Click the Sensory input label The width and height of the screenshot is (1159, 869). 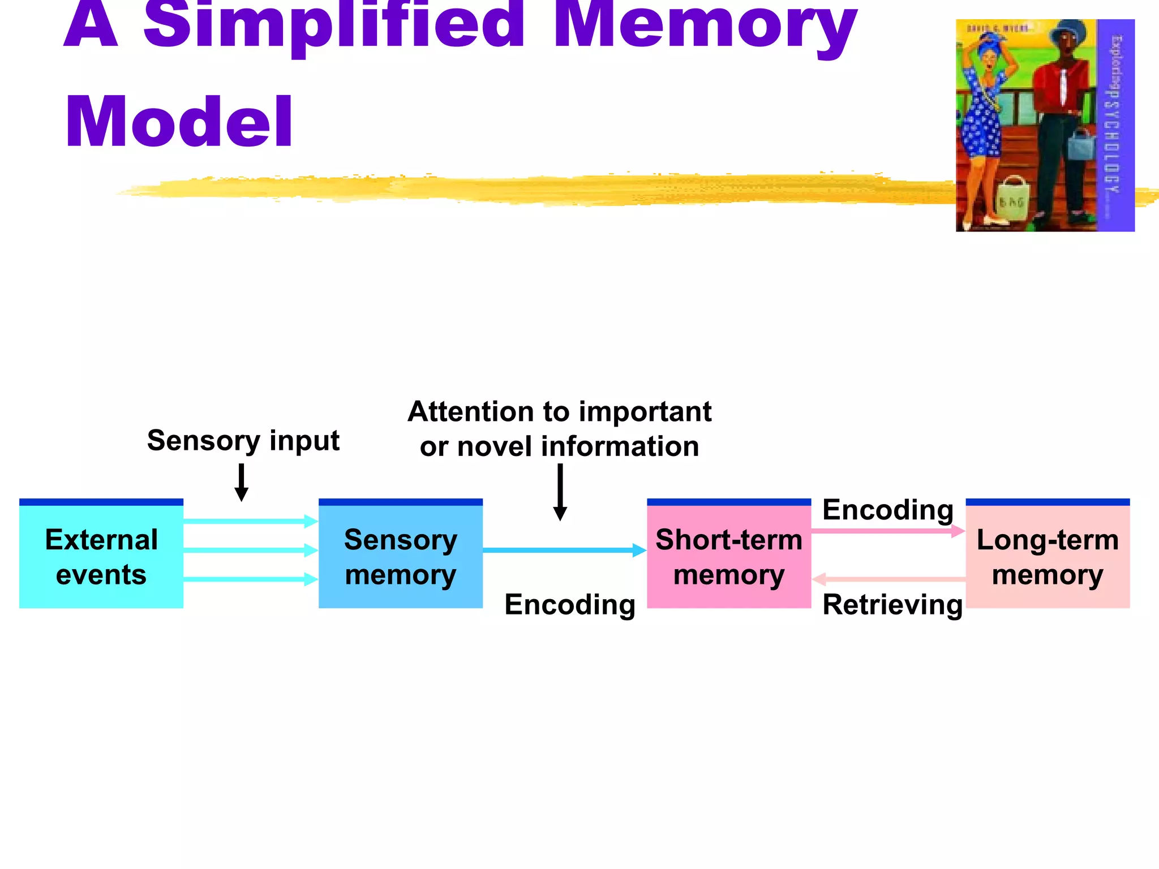(x=243, y=441)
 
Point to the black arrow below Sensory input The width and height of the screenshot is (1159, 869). (x=242, y=483)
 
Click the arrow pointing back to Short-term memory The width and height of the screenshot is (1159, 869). (x=888, y=579)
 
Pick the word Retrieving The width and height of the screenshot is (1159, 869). (x=892, y=605)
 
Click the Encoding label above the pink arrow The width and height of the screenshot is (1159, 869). (x=887, y=510)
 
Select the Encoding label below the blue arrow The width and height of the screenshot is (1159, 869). (x=570, y=605)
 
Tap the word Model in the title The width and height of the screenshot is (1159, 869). (x=179, y=122)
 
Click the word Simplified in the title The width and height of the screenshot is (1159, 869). (x=334, y=25)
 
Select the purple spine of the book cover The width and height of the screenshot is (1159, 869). (x=1115, y=124)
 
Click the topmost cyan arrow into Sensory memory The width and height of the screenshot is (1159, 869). (x=251, y=521)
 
